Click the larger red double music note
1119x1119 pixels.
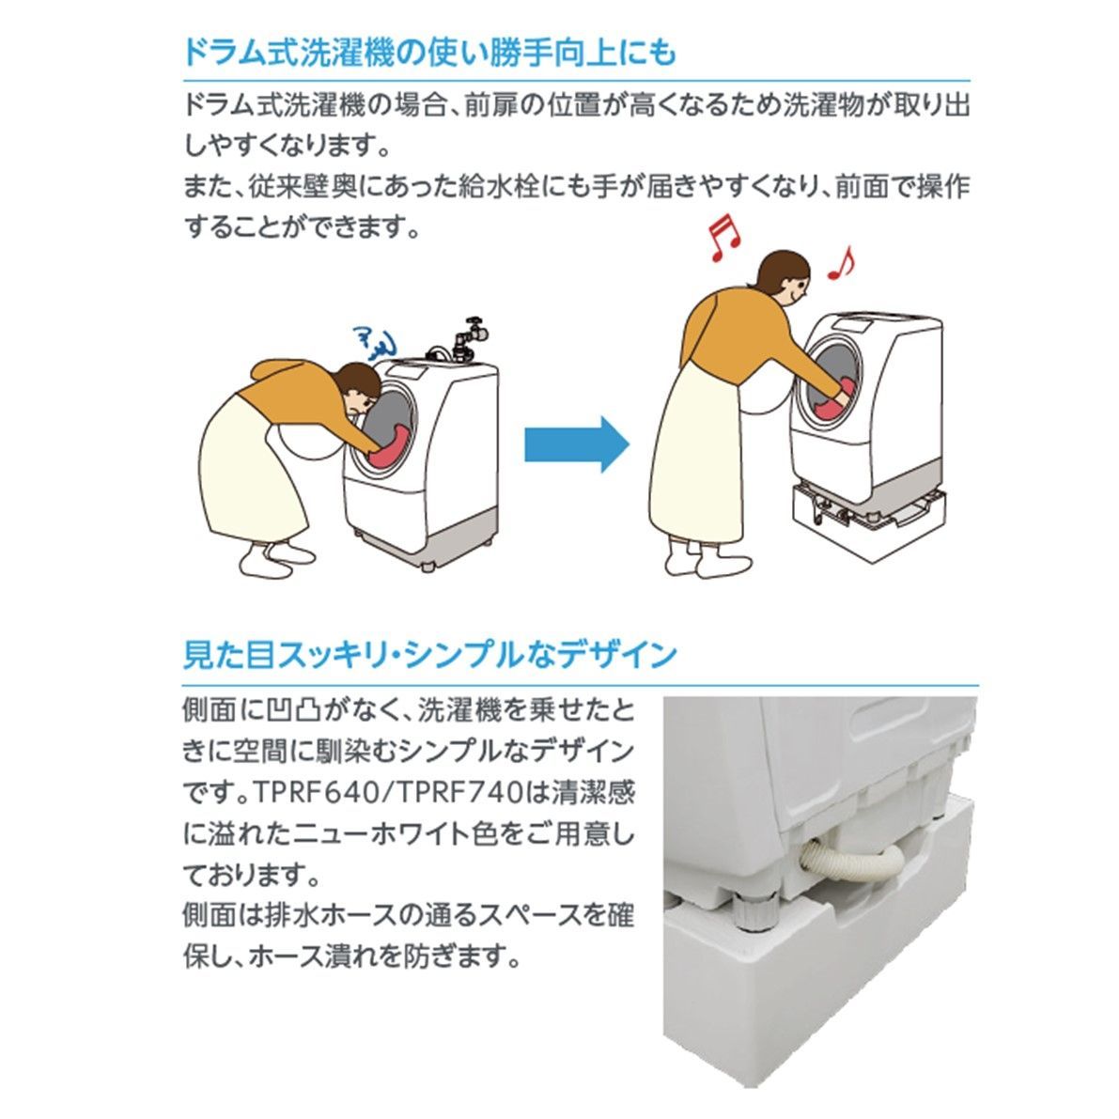(723, 237)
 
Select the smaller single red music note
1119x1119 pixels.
(839, 264)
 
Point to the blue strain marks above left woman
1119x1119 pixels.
(373, 341)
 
